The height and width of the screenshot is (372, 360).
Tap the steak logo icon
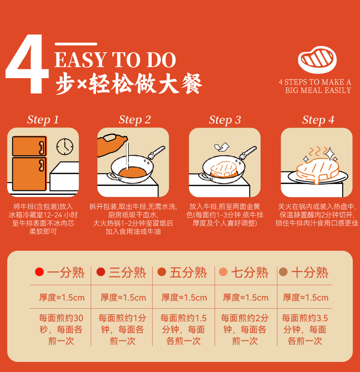(x=317, y=60)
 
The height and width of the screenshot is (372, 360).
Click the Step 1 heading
(x=43, y=119)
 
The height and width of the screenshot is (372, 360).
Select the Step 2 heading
(x=135, y=119)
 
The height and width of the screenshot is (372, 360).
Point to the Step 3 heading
(x=225, y=120)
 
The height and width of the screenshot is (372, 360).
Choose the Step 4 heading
(x=318, y=120)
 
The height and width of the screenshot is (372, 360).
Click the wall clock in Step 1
(x=65, y=147)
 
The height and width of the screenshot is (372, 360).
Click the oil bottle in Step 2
(x=112, y=145)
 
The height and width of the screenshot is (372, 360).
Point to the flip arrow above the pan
(x=222, y=147)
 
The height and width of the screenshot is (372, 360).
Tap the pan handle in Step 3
(x=248, y=152)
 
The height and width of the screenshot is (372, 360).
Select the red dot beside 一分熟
(x=39, y=272)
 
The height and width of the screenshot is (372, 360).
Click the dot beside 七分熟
(x=223, y=272)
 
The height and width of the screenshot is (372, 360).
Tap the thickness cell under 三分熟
(x=123, y=298)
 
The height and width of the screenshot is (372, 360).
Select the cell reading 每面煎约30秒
(x=61, y=329)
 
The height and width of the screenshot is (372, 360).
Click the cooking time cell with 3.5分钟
(x=305, y=329)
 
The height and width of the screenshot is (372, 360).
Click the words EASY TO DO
(x=115, y=60)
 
